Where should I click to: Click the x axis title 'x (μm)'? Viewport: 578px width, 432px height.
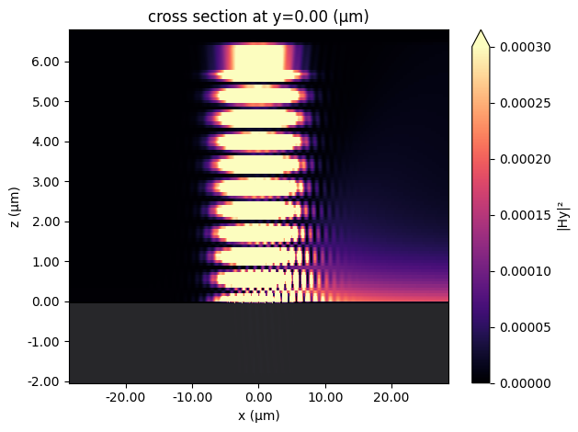coord(259,415)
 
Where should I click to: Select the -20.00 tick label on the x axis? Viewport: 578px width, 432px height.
coord(126,397)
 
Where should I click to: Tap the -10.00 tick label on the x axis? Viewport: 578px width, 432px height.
coord(192,397)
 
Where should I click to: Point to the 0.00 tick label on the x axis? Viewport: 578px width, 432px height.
coord(259,397)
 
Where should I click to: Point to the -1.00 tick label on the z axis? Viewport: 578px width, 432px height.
coord(43,341)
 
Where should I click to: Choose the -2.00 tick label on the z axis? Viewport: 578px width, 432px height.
coord(43,381)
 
